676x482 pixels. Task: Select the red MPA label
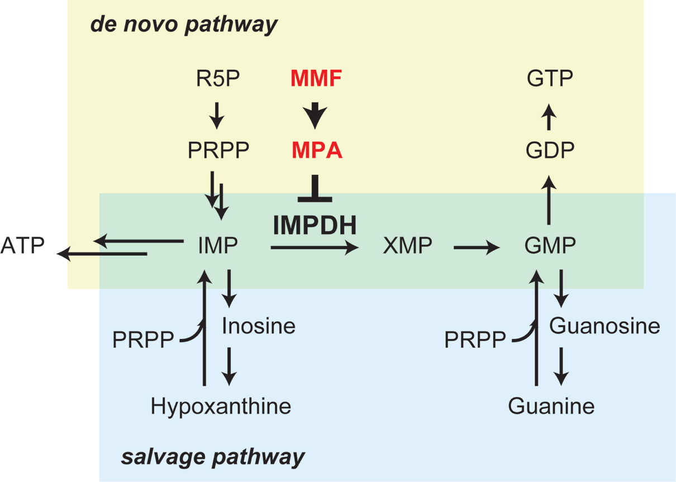tap(316, 150)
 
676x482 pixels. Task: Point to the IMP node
tap(218, 245)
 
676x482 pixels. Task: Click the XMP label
tap(407, 245)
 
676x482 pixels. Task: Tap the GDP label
tap(550, 150)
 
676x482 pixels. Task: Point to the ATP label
tap(23, 245)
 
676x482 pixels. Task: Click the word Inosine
tap(258, 326)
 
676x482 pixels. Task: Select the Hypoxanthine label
tap(221, 406)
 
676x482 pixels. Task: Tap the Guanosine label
tap(604, 326)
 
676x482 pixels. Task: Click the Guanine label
tap(551, 406)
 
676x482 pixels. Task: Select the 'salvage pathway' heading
tap(213, 457)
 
